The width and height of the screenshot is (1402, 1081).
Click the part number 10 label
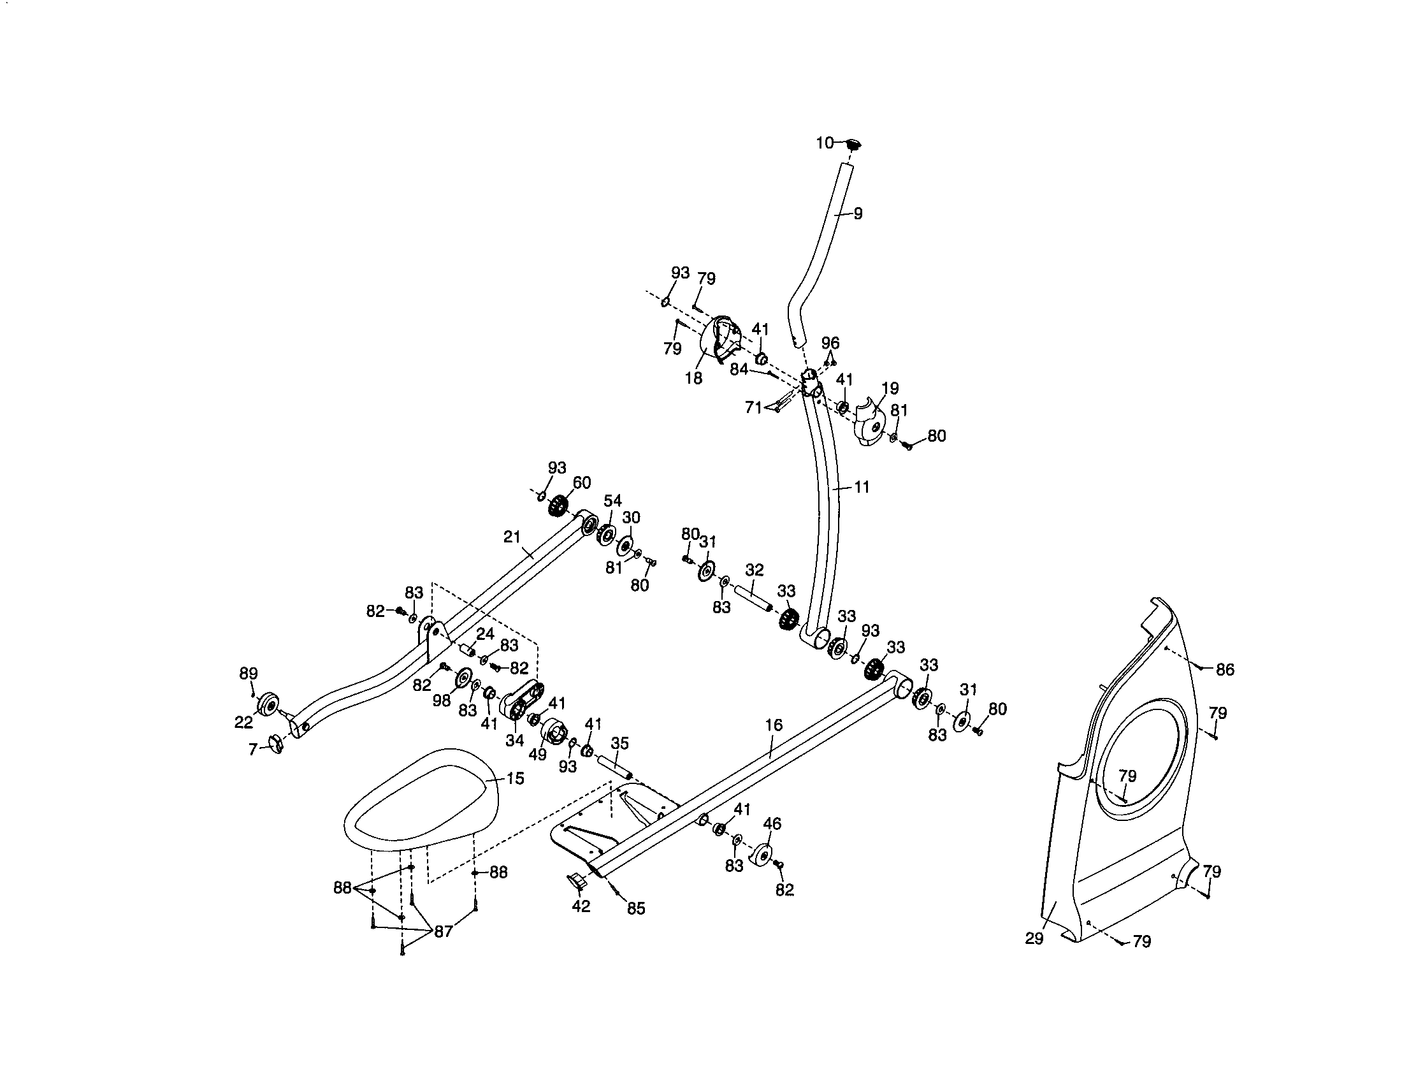click(x=824, y=143)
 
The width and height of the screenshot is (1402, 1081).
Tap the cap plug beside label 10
click(x=853, y=143)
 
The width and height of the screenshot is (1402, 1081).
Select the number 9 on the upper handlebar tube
click(x=858, y=214)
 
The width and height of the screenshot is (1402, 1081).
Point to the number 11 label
click(x=862, y=487)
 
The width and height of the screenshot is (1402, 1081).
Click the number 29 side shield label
click(x=1034, y=938)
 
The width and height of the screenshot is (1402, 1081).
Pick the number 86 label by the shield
click(x=1225, y=669)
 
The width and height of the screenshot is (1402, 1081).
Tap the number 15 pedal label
click(x=515, y=778)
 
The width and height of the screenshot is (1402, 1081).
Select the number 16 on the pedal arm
click(x=774, y=725)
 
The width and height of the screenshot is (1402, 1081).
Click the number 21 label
click(x=512, y=537)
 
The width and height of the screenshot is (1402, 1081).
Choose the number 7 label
click(x=253, y=749)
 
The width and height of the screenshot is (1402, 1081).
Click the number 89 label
click(x=249, y=673)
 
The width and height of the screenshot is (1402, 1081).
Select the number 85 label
click(x=636, y=908)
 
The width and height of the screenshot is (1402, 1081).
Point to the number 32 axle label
click(x=755, y=570)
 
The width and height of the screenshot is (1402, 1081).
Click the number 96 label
click(x=830, y=343)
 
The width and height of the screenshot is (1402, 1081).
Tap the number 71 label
click(x=754, y=407)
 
